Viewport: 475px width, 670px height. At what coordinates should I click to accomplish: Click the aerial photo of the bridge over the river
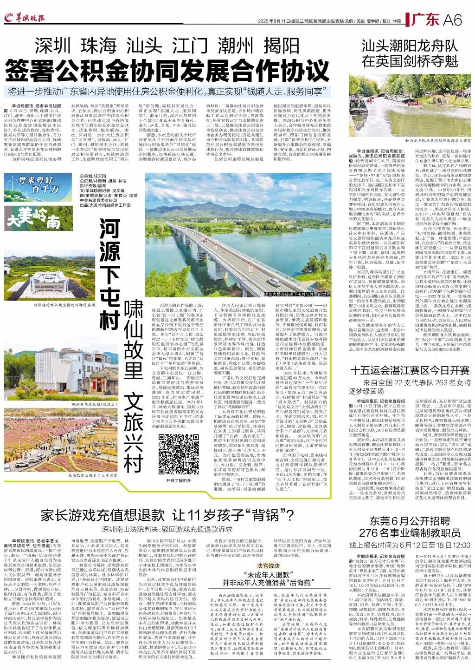[x=237, y=225]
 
